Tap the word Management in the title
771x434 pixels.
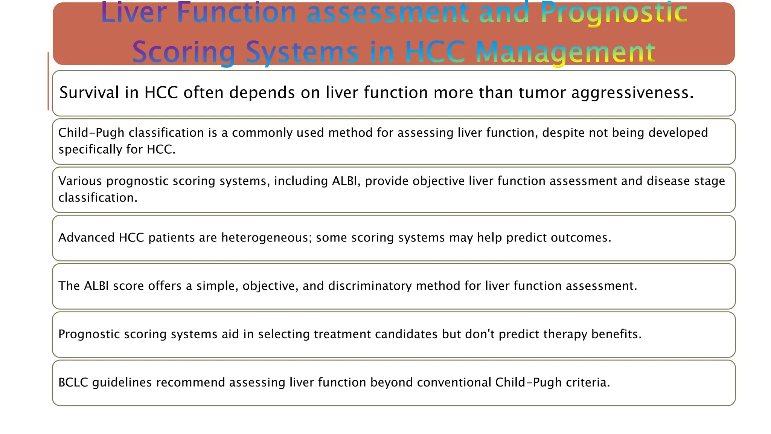(x=565, y=52)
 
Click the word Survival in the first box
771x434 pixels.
(x=89, y=93)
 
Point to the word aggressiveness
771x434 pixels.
(x=632, y=93)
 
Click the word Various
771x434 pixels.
(x=80, y=181)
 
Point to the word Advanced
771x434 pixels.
(x=86, y=238)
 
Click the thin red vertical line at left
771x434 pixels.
(x=48, y=81)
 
